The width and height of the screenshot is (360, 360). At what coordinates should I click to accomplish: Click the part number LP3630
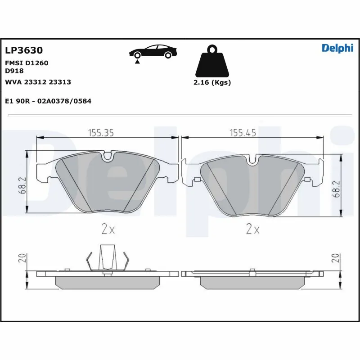[x=23, y=50]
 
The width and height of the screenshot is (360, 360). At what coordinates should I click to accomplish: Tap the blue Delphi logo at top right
[x=337, y=49]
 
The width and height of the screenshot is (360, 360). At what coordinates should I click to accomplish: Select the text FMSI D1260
[x=26, y=63]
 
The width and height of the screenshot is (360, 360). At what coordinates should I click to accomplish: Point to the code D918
[x=14, y=71]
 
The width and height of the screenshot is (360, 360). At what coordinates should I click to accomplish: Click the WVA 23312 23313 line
[x=37, y=82]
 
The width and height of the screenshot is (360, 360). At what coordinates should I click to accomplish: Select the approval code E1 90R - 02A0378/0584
[x=48, y=101]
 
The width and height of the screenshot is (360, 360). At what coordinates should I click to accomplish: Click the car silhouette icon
[x=153, y=51]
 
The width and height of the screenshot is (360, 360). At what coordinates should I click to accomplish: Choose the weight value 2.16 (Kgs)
[x=212, y=83]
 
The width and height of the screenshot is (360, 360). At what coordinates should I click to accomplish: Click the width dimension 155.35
[x=100, y=132]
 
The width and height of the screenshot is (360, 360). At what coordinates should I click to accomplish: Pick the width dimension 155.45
[x=243, y=132]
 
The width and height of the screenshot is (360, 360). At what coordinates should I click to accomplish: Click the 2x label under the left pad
[x=108, y=229]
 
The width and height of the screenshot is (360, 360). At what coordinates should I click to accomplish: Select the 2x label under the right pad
[x=253, y=229]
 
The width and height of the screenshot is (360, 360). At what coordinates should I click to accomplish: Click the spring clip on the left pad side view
[x=107, y=258]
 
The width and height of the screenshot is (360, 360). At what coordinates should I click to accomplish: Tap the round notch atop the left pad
[x=108, y=157]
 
